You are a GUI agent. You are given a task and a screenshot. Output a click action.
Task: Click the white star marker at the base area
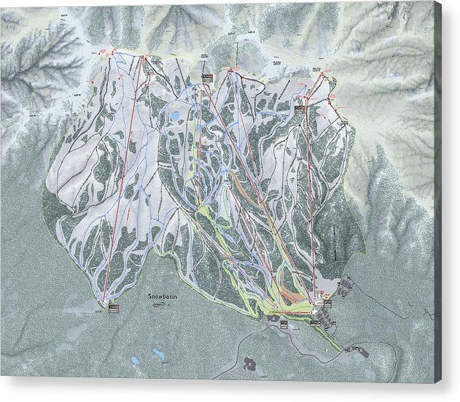coord(316,312)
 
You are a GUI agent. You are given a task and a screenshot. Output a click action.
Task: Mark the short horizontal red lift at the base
coord(292,312)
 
